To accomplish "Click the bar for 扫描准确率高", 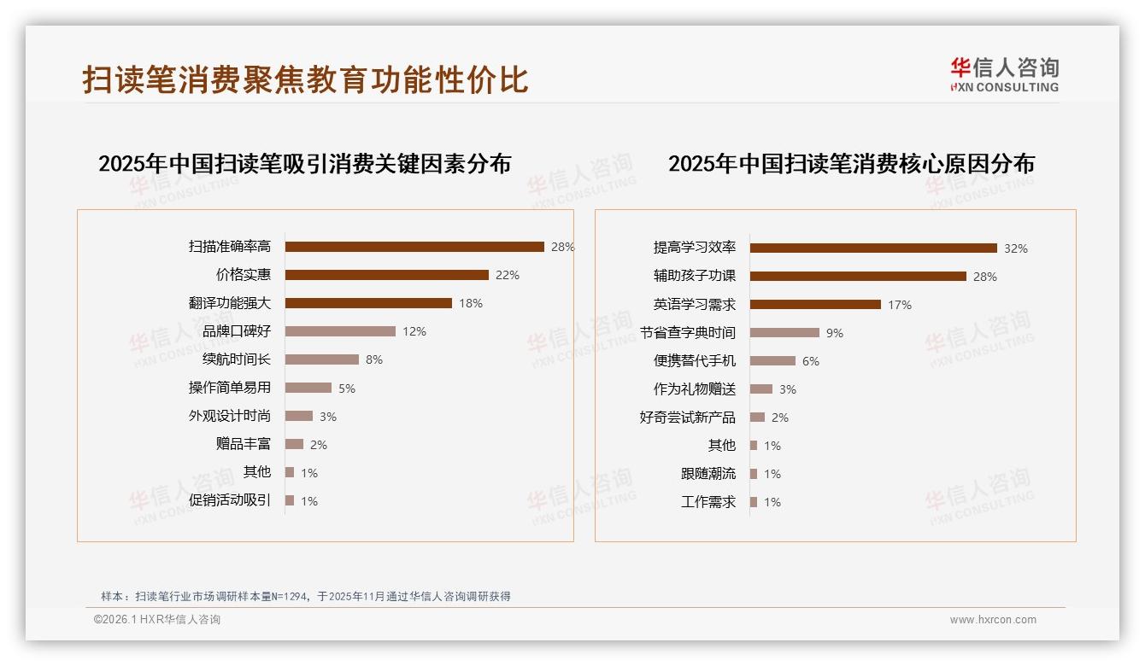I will (x=414, y=247).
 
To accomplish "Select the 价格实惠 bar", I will (x=386, y=275).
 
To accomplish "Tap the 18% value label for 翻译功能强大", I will (x=471, y=303).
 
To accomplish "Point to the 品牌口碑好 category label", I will (x=237, y=331).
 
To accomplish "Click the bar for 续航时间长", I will (x=321, y=359).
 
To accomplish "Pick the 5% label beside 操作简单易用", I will (x=346, y=388).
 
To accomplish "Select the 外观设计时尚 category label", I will (x=230, y=416).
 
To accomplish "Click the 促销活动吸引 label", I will (x=230, y=500).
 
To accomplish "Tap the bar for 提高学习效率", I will (x=873, y=248).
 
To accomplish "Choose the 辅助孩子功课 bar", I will (x=858, y=277).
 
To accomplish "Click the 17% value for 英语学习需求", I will (x=900, y=305).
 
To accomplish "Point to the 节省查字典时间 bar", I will (x=784, y=333).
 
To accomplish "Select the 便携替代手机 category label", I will (x=695, y=361).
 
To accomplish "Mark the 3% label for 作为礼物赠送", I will (x=788, y=389).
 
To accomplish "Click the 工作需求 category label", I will (x=708, y=502).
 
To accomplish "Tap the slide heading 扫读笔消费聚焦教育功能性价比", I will (x=305, y=79).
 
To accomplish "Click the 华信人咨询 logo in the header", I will (x=1004, y=74).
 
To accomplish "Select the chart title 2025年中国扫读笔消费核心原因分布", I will (x=851, y=164).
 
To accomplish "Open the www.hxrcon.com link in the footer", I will (x=993, y=620).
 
